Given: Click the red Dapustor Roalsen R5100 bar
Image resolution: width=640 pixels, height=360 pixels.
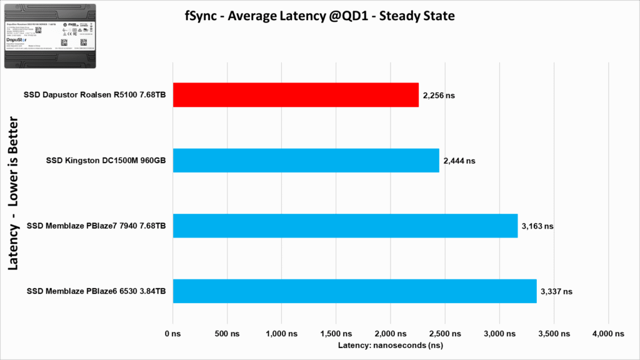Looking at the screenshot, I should [x=296, y=95].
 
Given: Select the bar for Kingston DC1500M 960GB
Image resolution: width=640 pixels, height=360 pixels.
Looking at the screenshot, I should [x=306, y=161].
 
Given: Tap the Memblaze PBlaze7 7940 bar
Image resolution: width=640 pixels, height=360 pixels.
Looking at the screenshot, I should [x=345, y=226].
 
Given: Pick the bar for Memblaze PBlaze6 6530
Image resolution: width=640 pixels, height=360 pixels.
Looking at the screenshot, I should [x=354, y=291].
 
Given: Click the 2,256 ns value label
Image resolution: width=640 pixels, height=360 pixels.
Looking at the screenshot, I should [x=439, y=96].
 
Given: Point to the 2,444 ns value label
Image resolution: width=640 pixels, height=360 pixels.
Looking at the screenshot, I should [x=459, y=161].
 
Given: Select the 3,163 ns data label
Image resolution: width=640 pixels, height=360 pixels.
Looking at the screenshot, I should [x=537, y=226].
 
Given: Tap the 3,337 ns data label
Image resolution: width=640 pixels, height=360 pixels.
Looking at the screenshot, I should [x=556, y=291].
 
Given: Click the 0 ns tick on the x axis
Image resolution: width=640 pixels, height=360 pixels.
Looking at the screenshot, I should [x=172, y=334].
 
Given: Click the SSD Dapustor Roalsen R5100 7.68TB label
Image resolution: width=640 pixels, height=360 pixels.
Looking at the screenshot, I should [x=94, y=95].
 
